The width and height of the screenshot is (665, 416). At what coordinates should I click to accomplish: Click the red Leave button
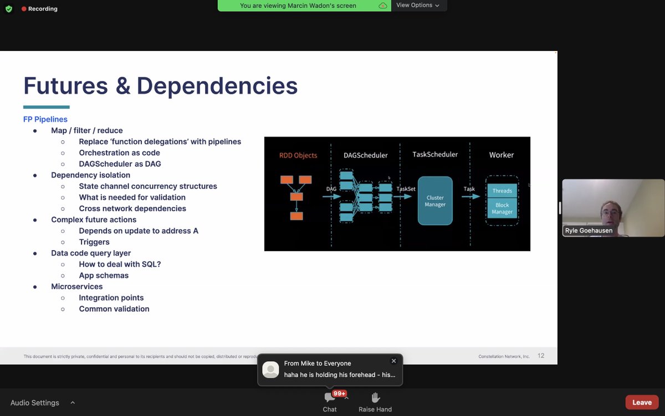[x=642, y=402]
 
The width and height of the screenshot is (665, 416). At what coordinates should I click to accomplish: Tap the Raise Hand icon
[x=375, y=397]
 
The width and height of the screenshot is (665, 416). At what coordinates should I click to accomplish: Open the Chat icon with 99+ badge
[x=330, y=397]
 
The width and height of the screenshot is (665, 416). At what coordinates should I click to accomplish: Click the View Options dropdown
[x=418, y=5]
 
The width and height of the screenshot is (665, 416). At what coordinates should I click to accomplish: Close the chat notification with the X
[x=394, y=361]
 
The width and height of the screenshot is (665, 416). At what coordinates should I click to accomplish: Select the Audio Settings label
[x=35, y=403]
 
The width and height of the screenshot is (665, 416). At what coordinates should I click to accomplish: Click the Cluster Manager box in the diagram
[x=435, y=201]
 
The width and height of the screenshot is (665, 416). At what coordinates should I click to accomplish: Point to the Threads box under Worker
[x=502, y=191]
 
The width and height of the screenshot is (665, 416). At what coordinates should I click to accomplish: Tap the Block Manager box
[x=502, y=209]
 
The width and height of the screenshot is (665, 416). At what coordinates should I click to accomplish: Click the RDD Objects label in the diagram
[x=298, y=155]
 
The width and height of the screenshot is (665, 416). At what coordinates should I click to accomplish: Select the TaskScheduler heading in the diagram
[x=435, y=154]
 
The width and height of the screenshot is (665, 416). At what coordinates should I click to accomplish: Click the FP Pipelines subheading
[x=45, y=119]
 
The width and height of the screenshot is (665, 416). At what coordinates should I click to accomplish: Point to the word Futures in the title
[x=65, y=86]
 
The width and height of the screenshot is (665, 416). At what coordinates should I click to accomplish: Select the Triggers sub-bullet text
[x=94, y=242]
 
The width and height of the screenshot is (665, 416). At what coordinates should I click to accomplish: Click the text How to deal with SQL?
[x=120, y=264]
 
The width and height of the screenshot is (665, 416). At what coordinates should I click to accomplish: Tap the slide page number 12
[x=541, y=356]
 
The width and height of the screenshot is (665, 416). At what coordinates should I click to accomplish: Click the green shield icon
[x=9, y=9]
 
